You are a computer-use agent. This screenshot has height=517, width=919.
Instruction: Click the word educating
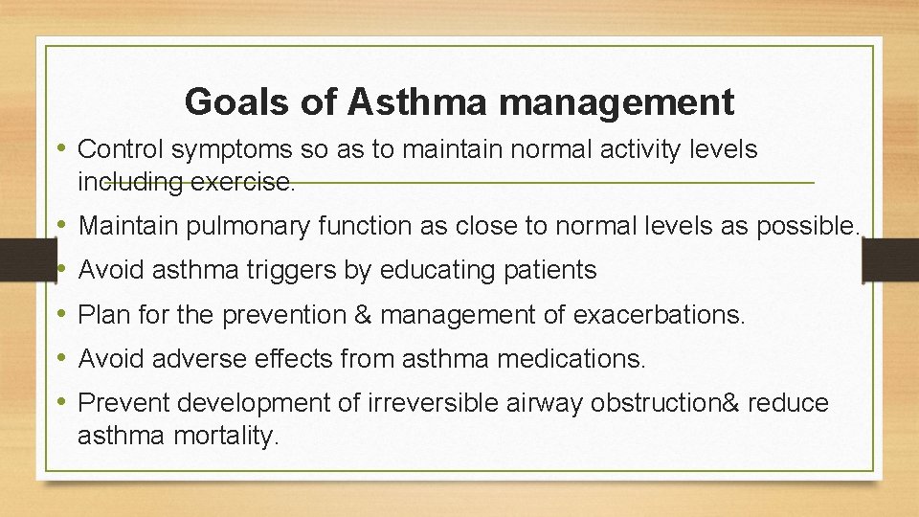point(435,271)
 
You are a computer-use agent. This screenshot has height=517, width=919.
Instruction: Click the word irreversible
point(432,403)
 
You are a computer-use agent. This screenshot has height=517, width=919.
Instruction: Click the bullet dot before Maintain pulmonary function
point(62,226)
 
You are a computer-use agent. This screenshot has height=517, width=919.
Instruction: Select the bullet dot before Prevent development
point(62,403)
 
